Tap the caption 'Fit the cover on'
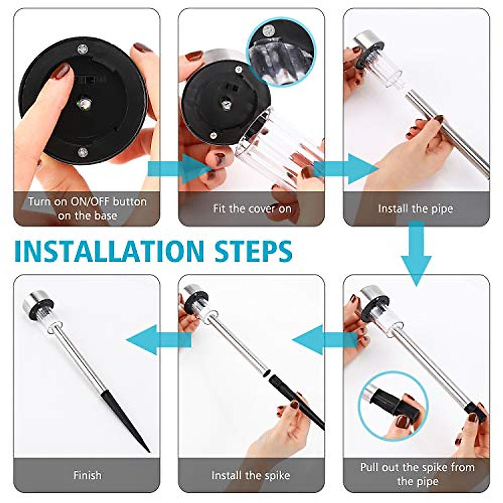[252, 209]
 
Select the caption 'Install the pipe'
[415, 209]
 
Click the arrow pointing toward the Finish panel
[158, 340]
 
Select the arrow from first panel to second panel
[180, 169]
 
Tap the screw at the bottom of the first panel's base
[83, 151]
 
